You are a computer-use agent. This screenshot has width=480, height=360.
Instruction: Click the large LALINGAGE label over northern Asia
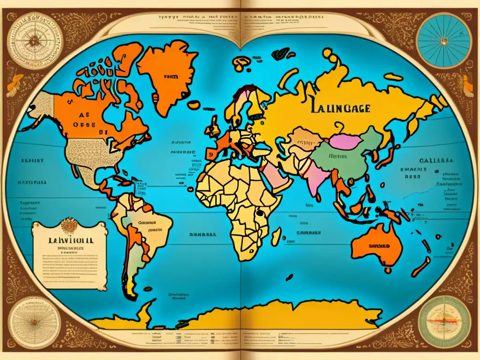[x=339, y=108]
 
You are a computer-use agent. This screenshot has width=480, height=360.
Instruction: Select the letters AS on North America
[x=82, y=114]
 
